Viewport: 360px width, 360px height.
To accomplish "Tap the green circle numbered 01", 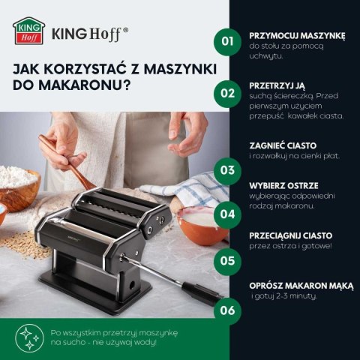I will click(x=225, y=40).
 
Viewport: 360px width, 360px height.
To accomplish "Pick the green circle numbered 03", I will click(x=225, y=169).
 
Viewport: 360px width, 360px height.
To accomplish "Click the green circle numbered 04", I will click(x=225, y=212).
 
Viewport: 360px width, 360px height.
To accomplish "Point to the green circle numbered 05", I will click(x=225, y=260).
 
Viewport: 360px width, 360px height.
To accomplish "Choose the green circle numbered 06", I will click(x=225, y=309).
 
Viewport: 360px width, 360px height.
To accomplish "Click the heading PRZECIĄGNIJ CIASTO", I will click(x=290, y=235).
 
